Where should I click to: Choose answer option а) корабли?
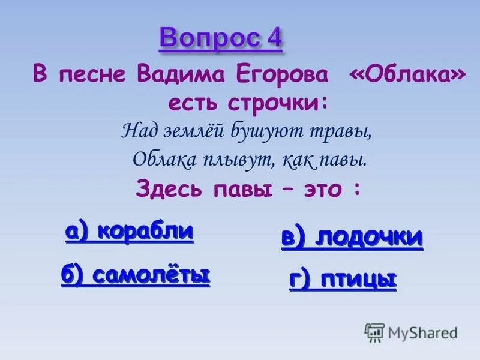pos(130,231)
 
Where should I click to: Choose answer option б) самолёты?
pos(136,275)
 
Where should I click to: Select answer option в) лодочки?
pos(352,238)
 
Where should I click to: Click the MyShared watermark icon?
pos(374,332)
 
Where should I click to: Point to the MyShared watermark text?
pos(422,332)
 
